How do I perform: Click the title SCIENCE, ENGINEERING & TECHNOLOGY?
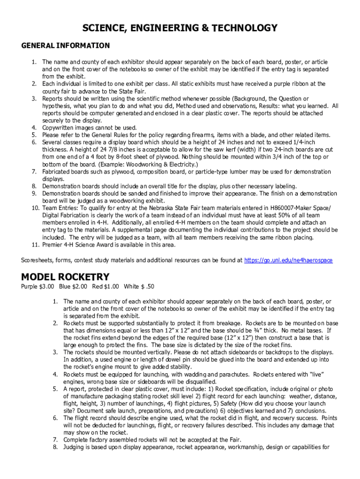point(180,29)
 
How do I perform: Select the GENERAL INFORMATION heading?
point(65,46)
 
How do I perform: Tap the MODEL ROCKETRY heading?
point(65,276)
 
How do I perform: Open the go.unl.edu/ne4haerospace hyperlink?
point(288,260)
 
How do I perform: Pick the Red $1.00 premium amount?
point(106,286)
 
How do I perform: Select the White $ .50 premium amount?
point(139,286)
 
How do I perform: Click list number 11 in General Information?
point(35,245)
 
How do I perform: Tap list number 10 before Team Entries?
point(35,208)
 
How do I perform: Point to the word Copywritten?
point(60,128)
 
